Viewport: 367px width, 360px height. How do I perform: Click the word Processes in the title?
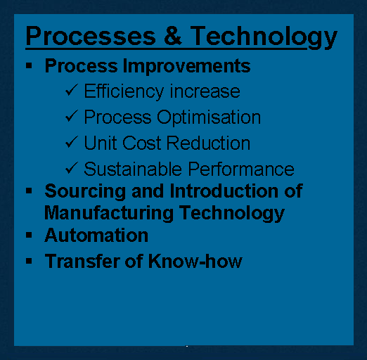point(91,36)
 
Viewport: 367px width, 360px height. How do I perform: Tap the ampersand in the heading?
point(173,35)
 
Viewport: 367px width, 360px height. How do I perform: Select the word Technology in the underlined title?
point(264,37)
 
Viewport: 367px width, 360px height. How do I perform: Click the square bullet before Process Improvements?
point(29,65)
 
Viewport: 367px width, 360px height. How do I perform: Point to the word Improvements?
point(186,66)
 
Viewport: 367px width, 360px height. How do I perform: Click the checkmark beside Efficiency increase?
point(72,90)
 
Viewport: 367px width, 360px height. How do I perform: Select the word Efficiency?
point(124,91)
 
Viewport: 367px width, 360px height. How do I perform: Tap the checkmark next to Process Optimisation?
point(72,116)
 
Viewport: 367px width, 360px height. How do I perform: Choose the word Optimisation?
point(209,117)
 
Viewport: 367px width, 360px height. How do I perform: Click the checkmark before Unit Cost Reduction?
point(72,141)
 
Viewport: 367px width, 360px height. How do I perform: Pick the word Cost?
point(141,143)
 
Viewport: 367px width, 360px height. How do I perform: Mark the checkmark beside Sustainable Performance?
point(72,167)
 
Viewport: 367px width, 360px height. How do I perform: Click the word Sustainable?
point(133,169)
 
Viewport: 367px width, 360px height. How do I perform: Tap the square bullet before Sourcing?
point(29,191)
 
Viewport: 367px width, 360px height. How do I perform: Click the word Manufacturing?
point(109,213)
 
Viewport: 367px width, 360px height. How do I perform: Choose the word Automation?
point(96,236)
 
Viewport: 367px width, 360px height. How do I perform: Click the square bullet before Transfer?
point(29,261)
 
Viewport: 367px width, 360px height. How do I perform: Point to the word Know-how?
point(195,261)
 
